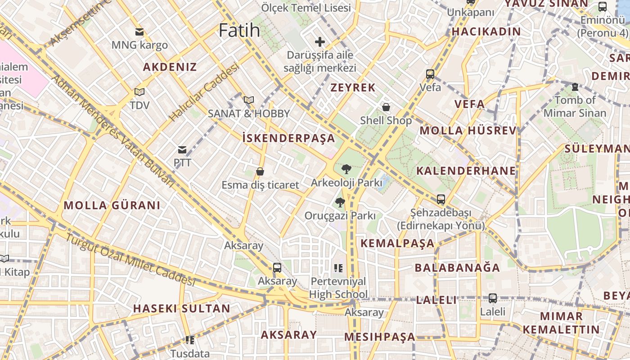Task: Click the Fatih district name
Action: click(x=239, y=30)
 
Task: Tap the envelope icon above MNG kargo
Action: click(x=139, y=32)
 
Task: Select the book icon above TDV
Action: click(x=139, y=92)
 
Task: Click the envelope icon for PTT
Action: click(x=182, y=150)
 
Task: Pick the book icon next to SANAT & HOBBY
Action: click(x=249, y=100)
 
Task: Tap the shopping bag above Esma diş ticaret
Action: click(x=260, y=171)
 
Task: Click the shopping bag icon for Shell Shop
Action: click(x=386, y=107)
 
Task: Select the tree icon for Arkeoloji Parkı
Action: click(x=346, y=169)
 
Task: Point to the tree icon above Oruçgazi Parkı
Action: click(x=340, y=202)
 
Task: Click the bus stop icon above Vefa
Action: click(x=430, y=74)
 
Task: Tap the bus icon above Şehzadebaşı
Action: click(x=441, y=199)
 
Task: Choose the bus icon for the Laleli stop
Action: click(x=493, y=298)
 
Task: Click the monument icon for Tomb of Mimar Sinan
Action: click(x=575, y=86)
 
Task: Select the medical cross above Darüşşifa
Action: click(x=320, y=42)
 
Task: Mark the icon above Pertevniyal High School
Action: click(x=338, y=268)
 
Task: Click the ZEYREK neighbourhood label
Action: click(x=353, y=88)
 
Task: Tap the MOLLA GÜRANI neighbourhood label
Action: click(x=112, y=206)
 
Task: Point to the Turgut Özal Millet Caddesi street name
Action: click(x=130, y=260)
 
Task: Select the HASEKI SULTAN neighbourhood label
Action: click(x=181, y=309)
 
